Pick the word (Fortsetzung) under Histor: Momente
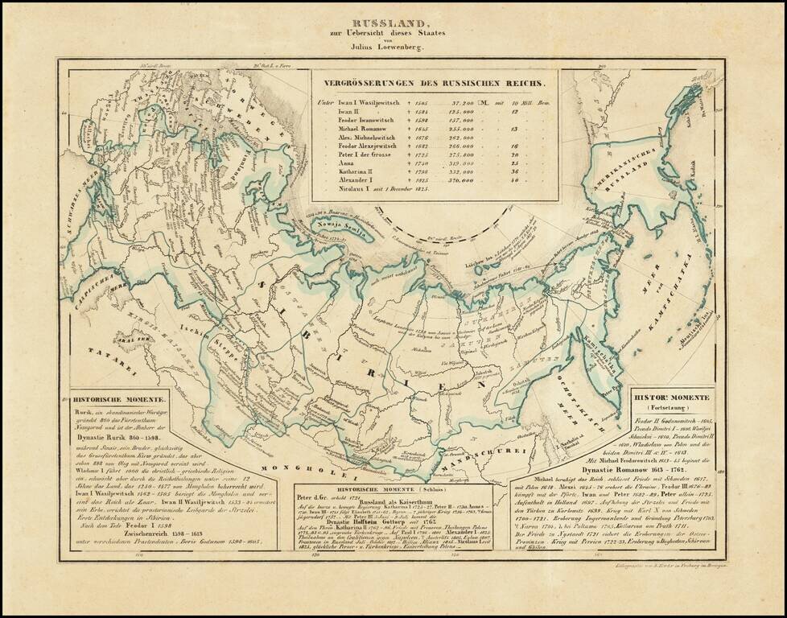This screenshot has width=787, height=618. click(670, 409)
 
